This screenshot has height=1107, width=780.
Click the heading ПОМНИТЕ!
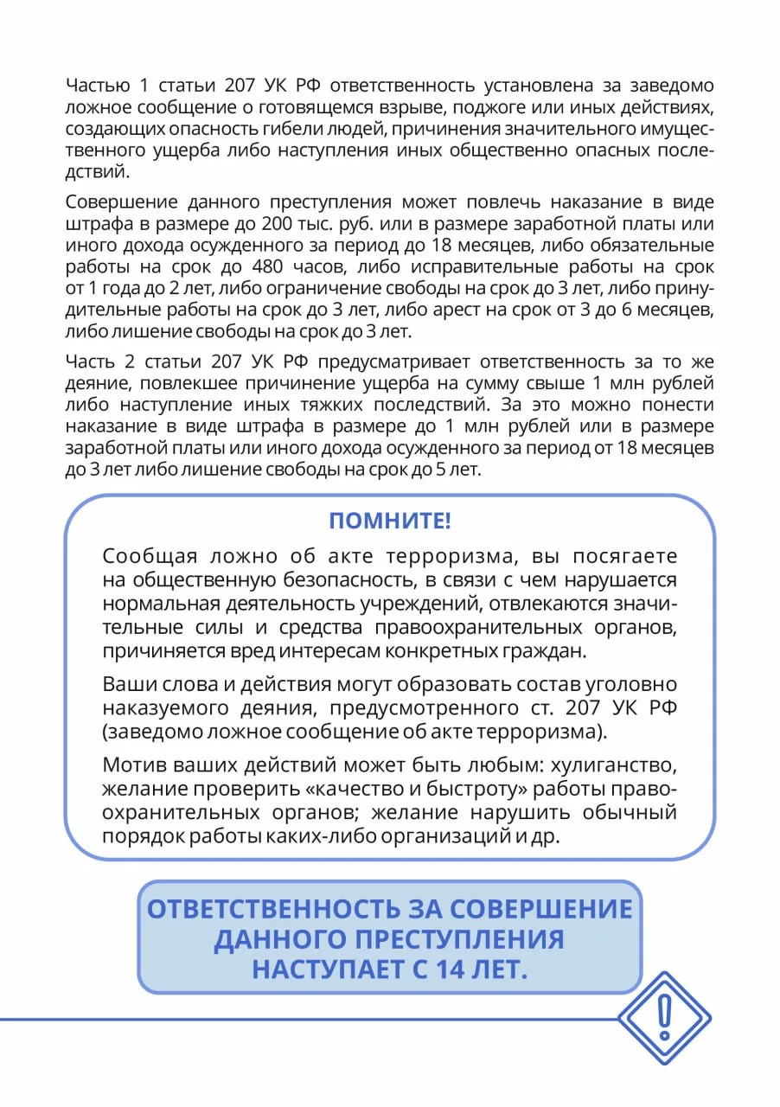pyautogui.click(x=390, y=522)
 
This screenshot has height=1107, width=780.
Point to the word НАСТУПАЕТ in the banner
pyautogui.click(x=319, y=969)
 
